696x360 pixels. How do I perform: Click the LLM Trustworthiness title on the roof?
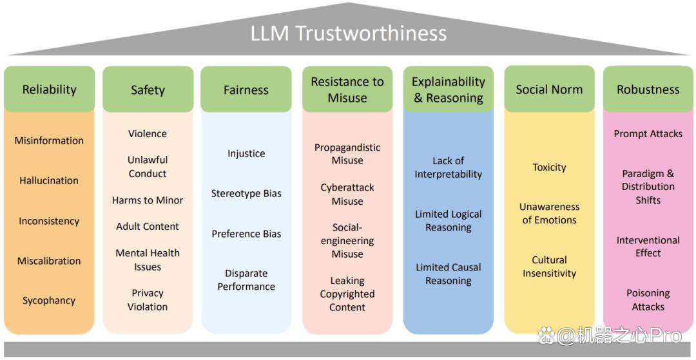click(349, 33)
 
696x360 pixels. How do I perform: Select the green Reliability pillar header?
click(49, 89)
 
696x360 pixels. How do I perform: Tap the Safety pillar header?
click(148, 90)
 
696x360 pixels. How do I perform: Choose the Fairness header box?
click(246, 90)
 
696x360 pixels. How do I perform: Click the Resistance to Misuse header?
click(347, 90)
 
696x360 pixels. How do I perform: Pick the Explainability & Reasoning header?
click(449, 90)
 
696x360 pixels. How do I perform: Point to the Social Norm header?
click(549, 89)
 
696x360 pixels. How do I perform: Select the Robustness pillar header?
click(648, 89)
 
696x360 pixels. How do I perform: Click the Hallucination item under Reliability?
click(49, 180)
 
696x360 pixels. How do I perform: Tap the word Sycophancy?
click(49, 301)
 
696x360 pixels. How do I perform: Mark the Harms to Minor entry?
click(148, 200)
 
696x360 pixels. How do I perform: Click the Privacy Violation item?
click(148, 299)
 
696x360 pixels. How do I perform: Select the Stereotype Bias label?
click(246, 194)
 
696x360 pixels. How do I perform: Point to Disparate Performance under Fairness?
click(246, 279)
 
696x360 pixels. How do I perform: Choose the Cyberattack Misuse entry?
click(347, 194)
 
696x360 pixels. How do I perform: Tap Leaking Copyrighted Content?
click(347, 294)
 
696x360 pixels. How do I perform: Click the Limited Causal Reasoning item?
click(449, 274)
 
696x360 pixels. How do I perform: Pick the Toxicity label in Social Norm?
click(549, 167)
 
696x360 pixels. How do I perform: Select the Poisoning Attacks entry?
click(648, 299)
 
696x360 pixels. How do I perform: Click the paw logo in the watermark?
click(547, 336)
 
